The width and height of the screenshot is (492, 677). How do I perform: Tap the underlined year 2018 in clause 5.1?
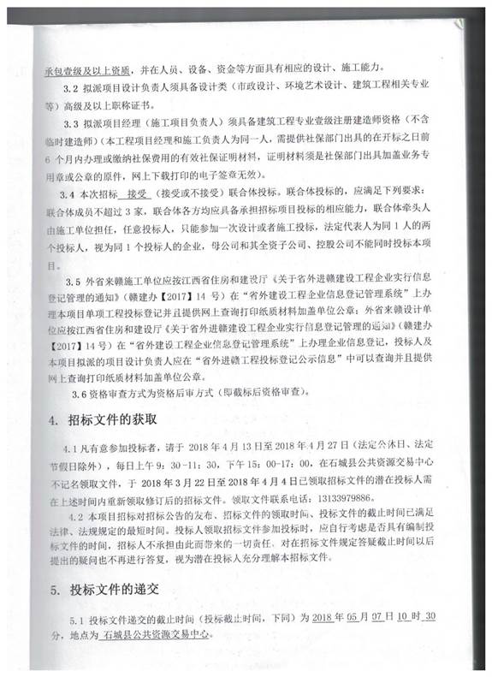[322, 618]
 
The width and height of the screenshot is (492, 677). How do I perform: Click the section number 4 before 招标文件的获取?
[53, 419]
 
